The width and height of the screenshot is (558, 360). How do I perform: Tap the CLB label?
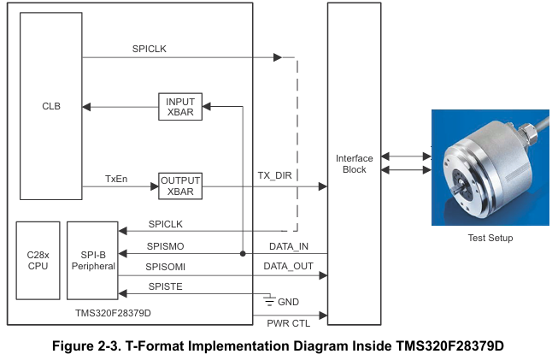coord(51,106)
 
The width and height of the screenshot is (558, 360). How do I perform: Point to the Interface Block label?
coord(354,164)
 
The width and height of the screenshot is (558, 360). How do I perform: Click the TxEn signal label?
coord(116,179)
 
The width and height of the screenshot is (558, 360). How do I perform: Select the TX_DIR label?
coord(275,175)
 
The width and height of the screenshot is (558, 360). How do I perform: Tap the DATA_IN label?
coord(289,246)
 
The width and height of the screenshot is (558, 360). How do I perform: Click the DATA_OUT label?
coord(288,266)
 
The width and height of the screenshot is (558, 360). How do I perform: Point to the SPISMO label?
coord(165,246)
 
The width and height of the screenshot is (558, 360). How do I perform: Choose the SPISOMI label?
coord(165,267)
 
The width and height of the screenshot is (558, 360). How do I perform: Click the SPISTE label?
coord(165,286)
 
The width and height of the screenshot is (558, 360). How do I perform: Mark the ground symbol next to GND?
coord(269,300)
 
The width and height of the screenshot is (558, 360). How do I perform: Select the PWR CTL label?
coord(288,323)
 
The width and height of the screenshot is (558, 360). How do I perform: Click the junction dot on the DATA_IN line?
coord(243,254)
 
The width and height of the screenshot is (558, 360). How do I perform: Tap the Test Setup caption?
coord(490,238)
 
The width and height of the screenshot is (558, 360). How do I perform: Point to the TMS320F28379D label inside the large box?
coord(113,313)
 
